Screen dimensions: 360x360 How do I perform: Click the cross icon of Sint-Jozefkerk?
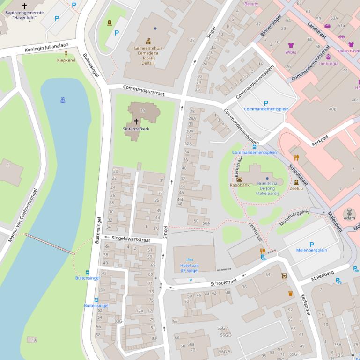click(136, 121)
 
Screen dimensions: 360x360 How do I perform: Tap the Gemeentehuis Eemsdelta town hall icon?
click(148, 41)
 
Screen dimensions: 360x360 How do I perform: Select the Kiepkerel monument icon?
click(66, 54)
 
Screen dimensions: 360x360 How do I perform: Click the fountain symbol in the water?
click(63, 100)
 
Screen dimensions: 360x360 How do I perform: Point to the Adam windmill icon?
click(349, 212)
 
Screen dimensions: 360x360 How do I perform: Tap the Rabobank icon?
click(240, 179)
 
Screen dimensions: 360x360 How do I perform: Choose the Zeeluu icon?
click(296, 182)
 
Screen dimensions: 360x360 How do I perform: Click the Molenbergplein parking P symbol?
click(311, 245)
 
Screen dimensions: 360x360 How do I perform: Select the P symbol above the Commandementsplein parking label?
click(266, 103)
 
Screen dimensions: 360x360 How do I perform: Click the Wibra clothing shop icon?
click(291, 46)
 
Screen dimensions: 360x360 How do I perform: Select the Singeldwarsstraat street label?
click(131, 239)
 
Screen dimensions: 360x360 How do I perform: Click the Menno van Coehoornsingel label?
click(22, 215)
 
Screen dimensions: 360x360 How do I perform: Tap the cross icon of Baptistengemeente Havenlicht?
click(24, 6)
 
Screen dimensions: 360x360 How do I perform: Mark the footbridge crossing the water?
click(50, 244)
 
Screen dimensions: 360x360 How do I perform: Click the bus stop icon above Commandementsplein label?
click(254, 146)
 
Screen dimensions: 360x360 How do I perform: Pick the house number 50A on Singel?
click(206, 223)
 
